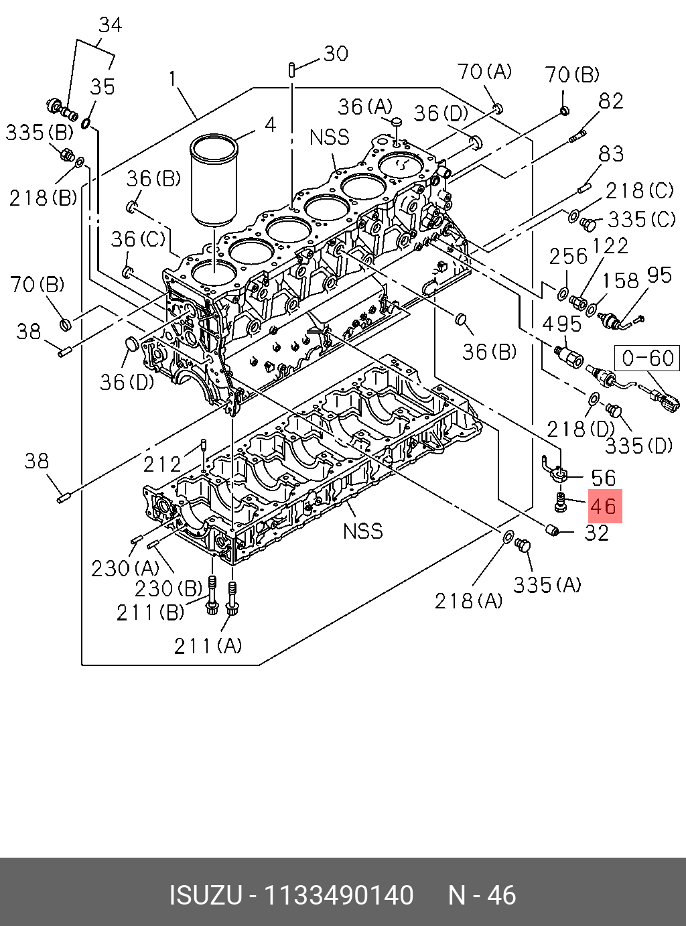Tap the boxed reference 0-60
[647, 358]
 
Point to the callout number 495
[561, 325]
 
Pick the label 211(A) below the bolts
[208, 645]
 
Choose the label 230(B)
[168, 588]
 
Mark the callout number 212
[163, 464]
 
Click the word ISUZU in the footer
[205, 896]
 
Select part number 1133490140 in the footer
[339, 896]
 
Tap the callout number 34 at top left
[111, 25]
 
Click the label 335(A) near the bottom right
[547, 585]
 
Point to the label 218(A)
[468, 600]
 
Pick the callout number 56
[603, 478]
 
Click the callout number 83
[611, 154]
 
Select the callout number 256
[568, 256]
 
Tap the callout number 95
[659, 275]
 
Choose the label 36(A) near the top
[365, 107]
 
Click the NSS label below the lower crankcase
[362, 531]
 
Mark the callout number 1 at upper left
[173, 79]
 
